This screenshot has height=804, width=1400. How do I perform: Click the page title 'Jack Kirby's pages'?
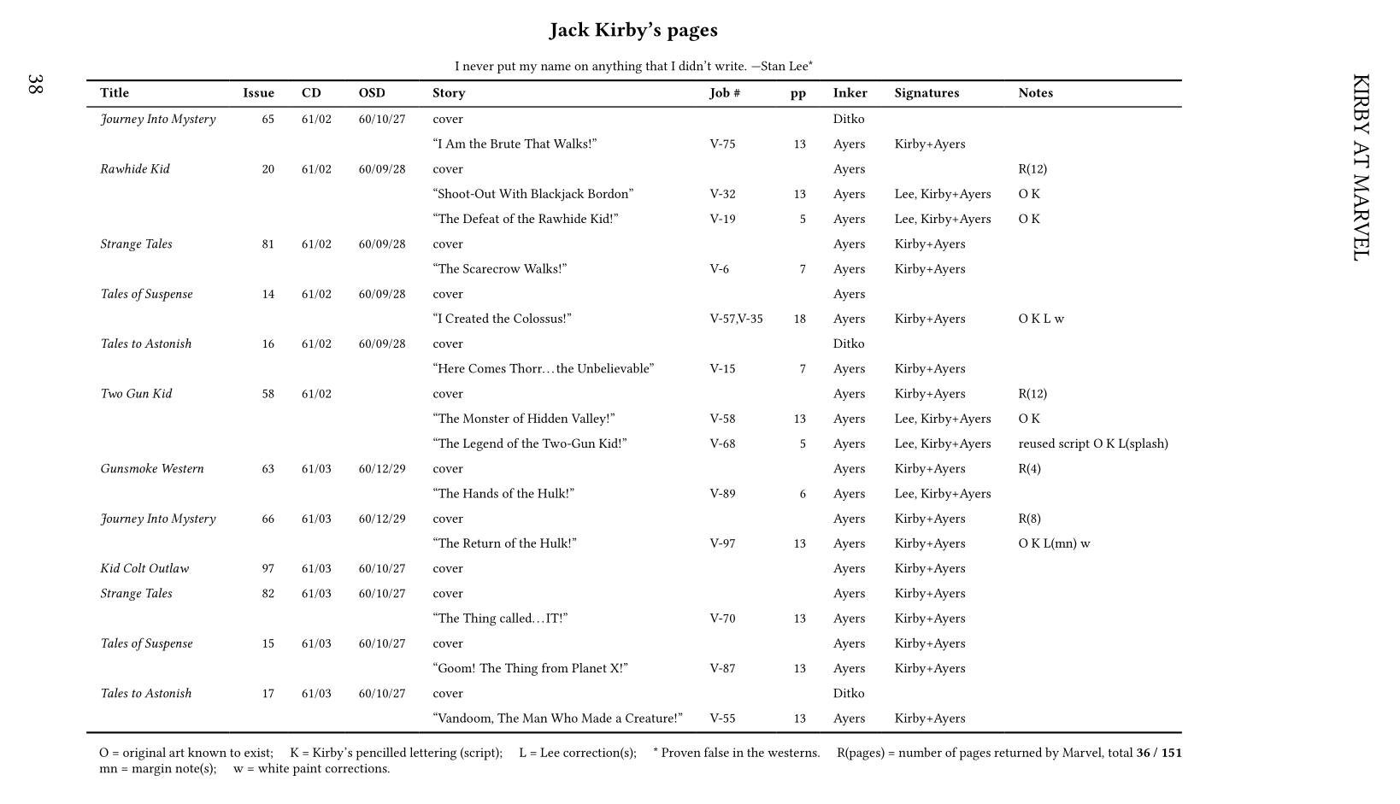point(633,31)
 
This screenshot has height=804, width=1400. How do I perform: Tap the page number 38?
point(35,84)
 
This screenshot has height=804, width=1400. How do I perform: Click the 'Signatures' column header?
point(926,93)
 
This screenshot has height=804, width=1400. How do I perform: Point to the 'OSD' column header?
point(372,93)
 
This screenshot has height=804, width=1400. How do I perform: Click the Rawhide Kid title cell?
point(135,169)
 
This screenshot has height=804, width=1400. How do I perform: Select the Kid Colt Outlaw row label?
point(144,569)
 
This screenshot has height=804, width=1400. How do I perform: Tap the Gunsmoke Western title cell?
point(152,469)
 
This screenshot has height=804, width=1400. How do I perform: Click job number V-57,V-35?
point(736,320)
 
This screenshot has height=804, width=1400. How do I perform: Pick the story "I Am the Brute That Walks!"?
point(515,144)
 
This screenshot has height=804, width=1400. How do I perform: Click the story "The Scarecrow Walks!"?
point(500,269)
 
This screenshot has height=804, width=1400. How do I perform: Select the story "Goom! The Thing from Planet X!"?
point(530,669)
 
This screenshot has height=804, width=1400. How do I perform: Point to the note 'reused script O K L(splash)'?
point(1093,444)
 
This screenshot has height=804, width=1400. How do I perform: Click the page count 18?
point(799,320)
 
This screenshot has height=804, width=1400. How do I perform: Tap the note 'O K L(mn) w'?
point(1054,544)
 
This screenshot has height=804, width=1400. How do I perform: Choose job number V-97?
point(722,544)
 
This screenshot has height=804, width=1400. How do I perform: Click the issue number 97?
point(268,569)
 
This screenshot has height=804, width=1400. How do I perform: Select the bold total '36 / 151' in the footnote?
point(1158,754)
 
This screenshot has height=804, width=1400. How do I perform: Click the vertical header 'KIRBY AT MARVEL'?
point(1361,167)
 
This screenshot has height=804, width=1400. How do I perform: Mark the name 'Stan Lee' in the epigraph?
point(784,67)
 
